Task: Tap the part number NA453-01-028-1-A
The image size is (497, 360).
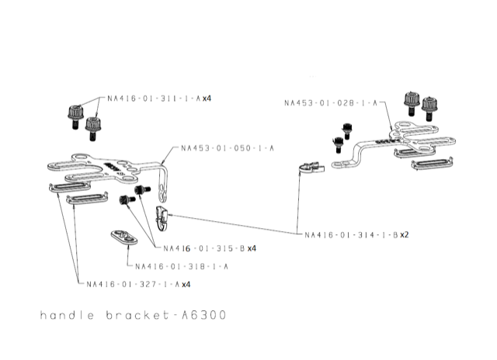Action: point(330,102)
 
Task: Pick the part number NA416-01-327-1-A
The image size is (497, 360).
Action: point(133,284)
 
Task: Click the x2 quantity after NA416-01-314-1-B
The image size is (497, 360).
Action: point(405,234)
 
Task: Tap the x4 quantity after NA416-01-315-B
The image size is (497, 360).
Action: point(252,248)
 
